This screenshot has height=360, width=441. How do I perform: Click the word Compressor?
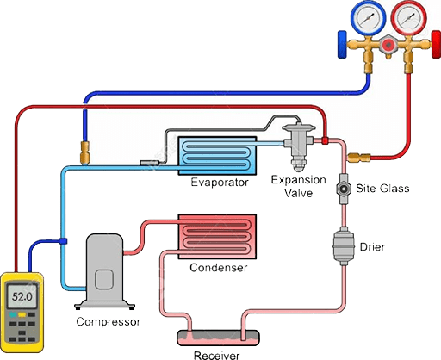point(108,322)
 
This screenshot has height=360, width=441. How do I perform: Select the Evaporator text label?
point(220,182)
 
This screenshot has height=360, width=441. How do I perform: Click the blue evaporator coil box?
point(220,154)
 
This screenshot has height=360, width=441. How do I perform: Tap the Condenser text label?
point(218,268)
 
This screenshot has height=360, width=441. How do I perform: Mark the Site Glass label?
point(382,189)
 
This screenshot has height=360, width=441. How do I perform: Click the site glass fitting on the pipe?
point(343,188)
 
